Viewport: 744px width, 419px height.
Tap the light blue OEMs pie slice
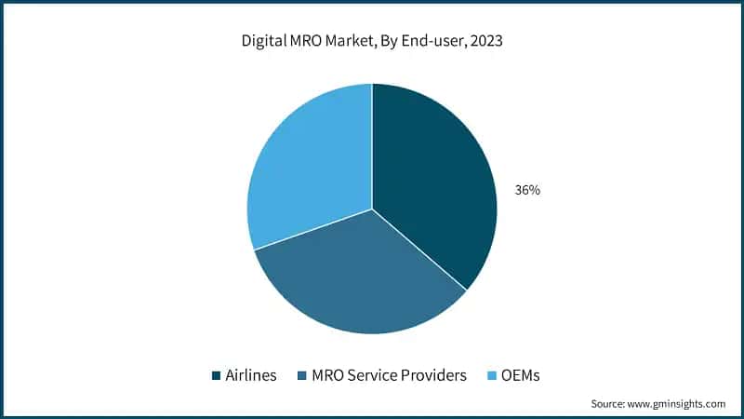click(x=307, y=168)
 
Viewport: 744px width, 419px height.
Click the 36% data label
click(x=527, y=190)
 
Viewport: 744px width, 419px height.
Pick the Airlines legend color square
click(x=217, y=376)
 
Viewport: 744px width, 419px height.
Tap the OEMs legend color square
click(x=493, y=376)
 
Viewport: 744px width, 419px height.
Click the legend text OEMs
click(x=522, y=376)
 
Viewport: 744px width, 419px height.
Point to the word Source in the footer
click(x=609, y=404)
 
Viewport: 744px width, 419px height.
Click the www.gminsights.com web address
click(x=678, y=404)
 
